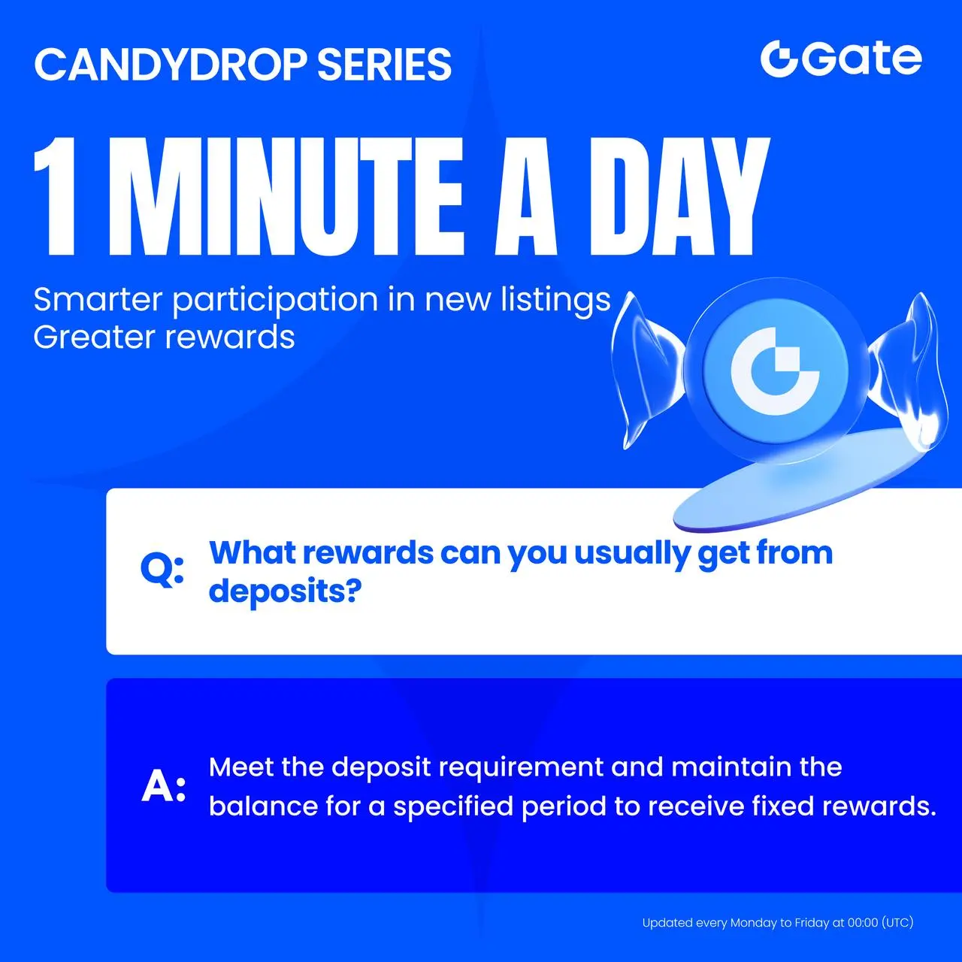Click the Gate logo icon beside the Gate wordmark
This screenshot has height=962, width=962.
779,59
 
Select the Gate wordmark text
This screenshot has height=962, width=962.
862,59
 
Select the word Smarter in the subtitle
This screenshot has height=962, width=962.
98,300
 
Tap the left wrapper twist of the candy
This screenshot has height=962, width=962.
646,370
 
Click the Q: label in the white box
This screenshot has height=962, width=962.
162,570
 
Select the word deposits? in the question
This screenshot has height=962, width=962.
285,592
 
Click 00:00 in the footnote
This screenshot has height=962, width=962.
863,923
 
